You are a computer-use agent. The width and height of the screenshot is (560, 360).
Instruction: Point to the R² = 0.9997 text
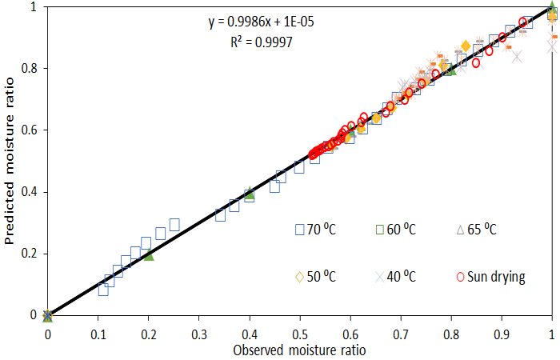[257, 42]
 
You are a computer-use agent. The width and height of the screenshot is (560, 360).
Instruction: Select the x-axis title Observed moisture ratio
[300, 350]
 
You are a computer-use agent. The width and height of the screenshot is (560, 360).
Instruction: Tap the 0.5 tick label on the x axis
[300, 330]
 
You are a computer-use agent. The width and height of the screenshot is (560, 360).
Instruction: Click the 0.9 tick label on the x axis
[502, 330]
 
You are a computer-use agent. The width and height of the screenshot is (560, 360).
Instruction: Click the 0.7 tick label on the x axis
[401, 330]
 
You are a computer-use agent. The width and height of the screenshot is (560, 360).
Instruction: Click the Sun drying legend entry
[492, 278]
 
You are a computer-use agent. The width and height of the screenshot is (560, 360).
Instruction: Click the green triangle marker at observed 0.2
[148, 255]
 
